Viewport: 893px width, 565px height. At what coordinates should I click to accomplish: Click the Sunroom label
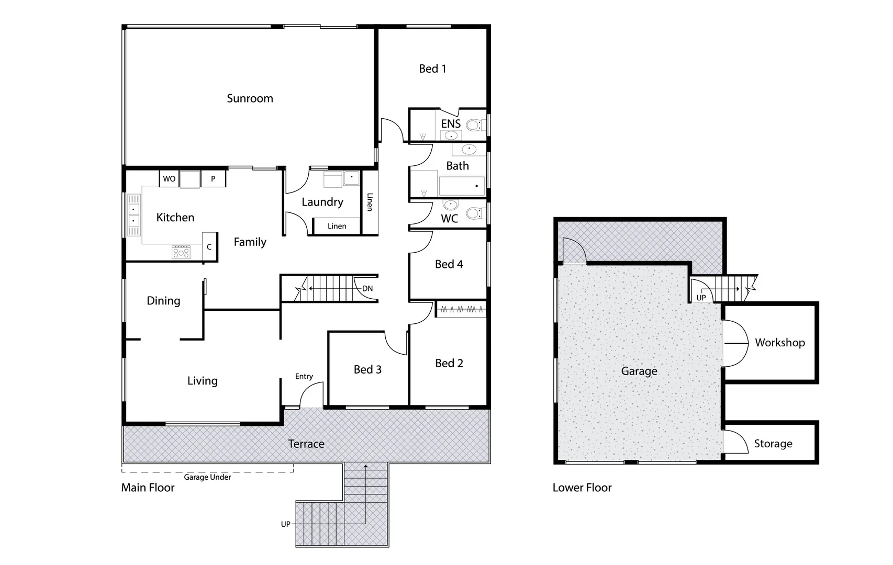[250, 98]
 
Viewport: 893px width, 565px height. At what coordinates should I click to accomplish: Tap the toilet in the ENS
[474, 125]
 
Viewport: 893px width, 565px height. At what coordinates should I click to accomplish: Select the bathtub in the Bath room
[461, 185]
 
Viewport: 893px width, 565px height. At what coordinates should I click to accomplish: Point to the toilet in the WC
[474, 213]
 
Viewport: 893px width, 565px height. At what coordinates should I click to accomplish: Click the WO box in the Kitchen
[169, 179]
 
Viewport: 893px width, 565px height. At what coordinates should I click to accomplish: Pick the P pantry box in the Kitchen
[213, 179]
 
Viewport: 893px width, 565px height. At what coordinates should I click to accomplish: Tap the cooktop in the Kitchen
[181, 253]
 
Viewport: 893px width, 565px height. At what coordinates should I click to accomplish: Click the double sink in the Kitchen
[134, 215]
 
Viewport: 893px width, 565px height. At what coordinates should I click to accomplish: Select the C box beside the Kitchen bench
[209, 247]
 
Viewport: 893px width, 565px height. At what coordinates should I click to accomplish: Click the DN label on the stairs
[367, 289]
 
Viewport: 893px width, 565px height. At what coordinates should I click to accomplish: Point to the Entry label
[304, 376]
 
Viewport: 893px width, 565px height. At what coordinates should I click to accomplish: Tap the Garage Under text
[207, 477]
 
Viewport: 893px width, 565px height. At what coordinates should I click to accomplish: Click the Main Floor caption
[148, 488]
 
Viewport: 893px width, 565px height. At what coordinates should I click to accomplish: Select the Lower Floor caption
[582, 488]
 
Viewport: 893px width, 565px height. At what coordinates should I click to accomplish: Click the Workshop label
[779, 343]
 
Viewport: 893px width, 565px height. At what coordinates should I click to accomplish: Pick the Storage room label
[773, 444]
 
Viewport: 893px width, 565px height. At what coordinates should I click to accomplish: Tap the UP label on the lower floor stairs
[701, 298]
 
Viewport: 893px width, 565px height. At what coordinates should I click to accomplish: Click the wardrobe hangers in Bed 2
[461, 309]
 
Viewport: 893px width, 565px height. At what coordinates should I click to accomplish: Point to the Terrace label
[306, 444]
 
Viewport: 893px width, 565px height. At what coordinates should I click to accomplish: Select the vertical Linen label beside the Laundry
[370, 202]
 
